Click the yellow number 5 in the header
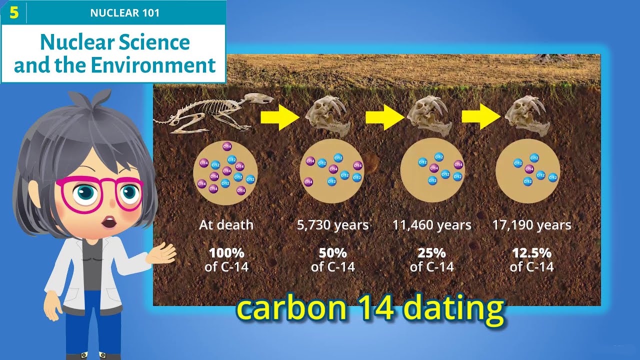tap(13, 12)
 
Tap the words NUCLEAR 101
tap(125, 13)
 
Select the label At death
tap(226, 225)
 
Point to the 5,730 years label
tap(332, 225)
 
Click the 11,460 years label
tap(431, 225)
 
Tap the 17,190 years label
tap(531, 225)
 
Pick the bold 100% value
tap(226, 252)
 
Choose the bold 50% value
tap(332, 252)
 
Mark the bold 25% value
tap(431, 252)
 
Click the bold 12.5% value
tap(531, 252)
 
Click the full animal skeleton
tap(210, 114)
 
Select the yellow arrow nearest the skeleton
tap(279, 117)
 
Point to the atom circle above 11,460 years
tap(432, 170)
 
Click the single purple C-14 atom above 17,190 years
tap(529, 169)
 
